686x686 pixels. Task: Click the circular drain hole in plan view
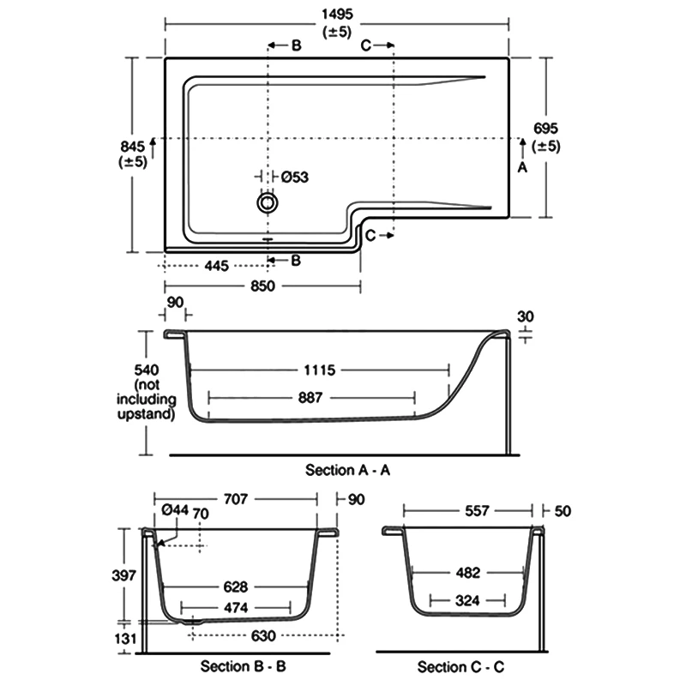268,203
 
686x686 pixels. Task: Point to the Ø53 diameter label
294,177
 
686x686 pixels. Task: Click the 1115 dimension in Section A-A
317,370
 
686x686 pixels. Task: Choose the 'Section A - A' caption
341,470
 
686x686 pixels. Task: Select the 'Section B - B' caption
237,666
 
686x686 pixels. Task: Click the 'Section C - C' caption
454,667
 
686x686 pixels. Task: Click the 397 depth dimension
124,575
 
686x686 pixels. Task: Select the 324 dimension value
468,600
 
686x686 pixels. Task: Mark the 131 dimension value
125,638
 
